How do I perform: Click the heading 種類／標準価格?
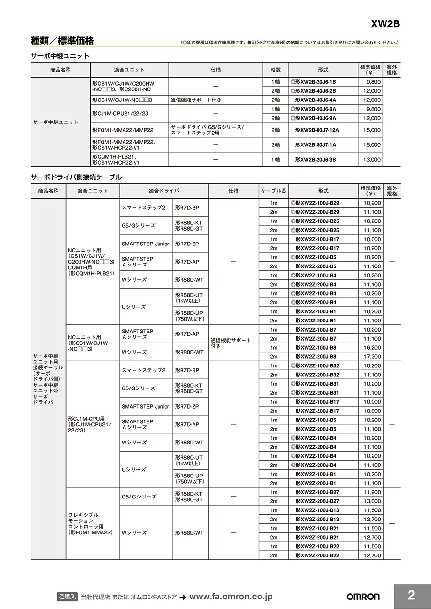pyautogui.click(x=62, y=41)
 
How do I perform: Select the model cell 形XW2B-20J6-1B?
pyautogui.click(x=314, y=82)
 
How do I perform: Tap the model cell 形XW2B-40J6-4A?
pyautogui.click(x=316, y=100)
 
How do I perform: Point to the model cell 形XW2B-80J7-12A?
pyautogui.click(x=317, y=130)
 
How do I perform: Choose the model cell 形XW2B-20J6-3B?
pyautogui.click(x=316, y=159)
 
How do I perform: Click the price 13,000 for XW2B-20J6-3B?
pyautogui.click(x=372, y=159)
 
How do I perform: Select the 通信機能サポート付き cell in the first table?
pyautogui.click(x=196, y=100)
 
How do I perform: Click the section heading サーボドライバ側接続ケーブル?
pyautogui.click(x=76, y=177)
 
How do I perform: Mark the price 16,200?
pyautogui.click(x=372, y=348)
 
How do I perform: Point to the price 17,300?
pyautogui.click(x=372, y=357)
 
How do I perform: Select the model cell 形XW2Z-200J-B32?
pyautogui.click(x=317, y=375)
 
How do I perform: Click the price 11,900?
pyautogui.click(x=372, y=492)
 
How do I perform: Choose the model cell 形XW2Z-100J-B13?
pyautogui.click(x=317, y=510)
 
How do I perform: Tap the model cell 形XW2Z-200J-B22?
pyautogui.click(x=317, y=555)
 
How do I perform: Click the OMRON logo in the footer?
pyautogui.click(x=363, y=597)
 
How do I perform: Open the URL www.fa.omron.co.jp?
pyautogui.click(x=231, y=597)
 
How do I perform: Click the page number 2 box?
pyautogui.click(x=412, y=596)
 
